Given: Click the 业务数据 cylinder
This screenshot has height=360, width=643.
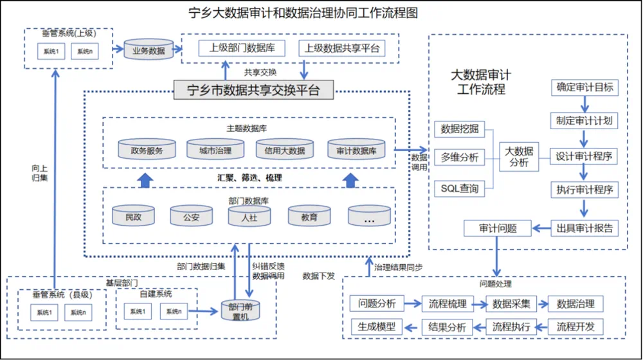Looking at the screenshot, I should pos(149,50).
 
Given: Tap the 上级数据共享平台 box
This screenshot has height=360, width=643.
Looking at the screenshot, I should pos(341,48).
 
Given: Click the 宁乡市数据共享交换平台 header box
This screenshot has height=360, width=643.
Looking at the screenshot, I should pos(254,89).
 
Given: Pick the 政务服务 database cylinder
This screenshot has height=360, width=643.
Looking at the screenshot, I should pos(147,150).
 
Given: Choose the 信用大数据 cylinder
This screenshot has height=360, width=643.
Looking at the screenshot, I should pos(284,150).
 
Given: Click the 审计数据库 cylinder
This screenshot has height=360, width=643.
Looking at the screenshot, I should pos(356,150).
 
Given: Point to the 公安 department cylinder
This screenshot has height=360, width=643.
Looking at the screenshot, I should pos(191,216).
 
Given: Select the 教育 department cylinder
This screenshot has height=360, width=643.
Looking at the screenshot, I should pos(309,216).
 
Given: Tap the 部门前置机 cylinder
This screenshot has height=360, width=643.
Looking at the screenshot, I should pos(242,310).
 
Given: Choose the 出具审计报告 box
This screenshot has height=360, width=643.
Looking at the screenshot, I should pos(584,228).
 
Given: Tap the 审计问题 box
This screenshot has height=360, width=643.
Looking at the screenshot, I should pos(497,228).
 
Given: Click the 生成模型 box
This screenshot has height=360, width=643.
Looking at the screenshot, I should pos(377,327).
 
